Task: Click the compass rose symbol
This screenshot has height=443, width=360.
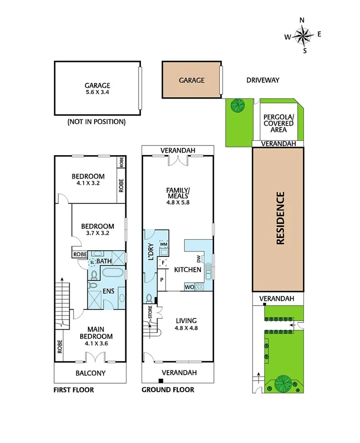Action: (x=303, y=35)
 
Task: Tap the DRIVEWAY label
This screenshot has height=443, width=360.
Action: (x=263, y=80)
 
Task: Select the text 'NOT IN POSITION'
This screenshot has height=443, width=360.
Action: (x=96, y=122)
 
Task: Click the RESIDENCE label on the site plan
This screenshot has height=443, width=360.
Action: (x=280, y=218)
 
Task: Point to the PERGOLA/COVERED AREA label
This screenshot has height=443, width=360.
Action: (x=279, y=123)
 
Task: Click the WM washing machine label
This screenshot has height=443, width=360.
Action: (x=164, y=245)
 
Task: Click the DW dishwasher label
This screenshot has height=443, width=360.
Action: (x=198, y=259)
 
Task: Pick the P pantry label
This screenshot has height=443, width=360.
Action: (x=162, y=279)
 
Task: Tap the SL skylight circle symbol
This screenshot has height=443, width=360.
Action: (x=93, y=262)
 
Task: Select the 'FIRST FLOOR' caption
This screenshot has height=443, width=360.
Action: (x=73, y=390)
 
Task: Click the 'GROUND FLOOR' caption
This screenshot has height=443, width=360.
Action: (x=167, y=390)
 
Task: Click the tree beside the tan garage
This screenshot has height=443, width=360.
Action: (x=237, y=106)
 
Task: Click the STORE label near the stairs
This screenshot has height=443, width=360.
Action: (x=150, y=313)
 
